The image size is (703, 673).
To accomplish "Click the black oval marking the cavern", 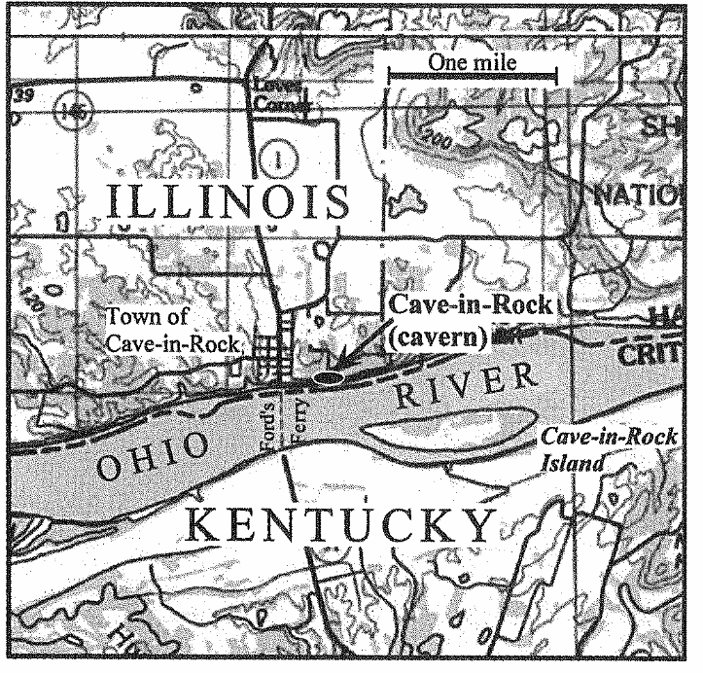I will (330, 373).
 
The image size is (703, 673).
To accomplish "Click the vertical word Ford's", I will (271, 419).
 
